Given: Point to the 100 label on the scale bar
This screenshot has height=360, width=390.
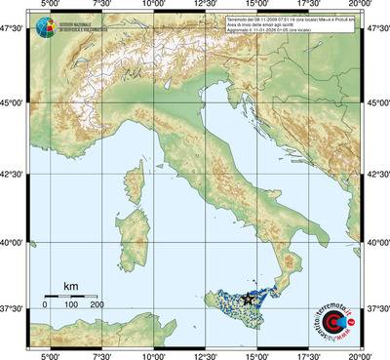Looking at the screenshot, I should pyautogui.click(x=71, y=305).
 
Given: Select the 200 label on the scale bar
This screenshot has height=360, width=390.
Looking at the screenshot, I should pyautogui.click(x=97, y=305).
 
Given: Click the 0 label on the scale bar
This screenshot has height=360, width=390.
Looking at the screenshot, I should pyautogui.click(x=45, y=305).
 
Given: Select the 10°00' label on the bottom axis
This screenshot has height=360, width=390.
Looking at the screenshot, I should pyautogui.click(x=153, y=354).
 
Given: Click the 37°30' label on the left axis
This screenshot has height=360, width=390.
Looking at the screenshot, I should pyautogui.click(x=13, y=308).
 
